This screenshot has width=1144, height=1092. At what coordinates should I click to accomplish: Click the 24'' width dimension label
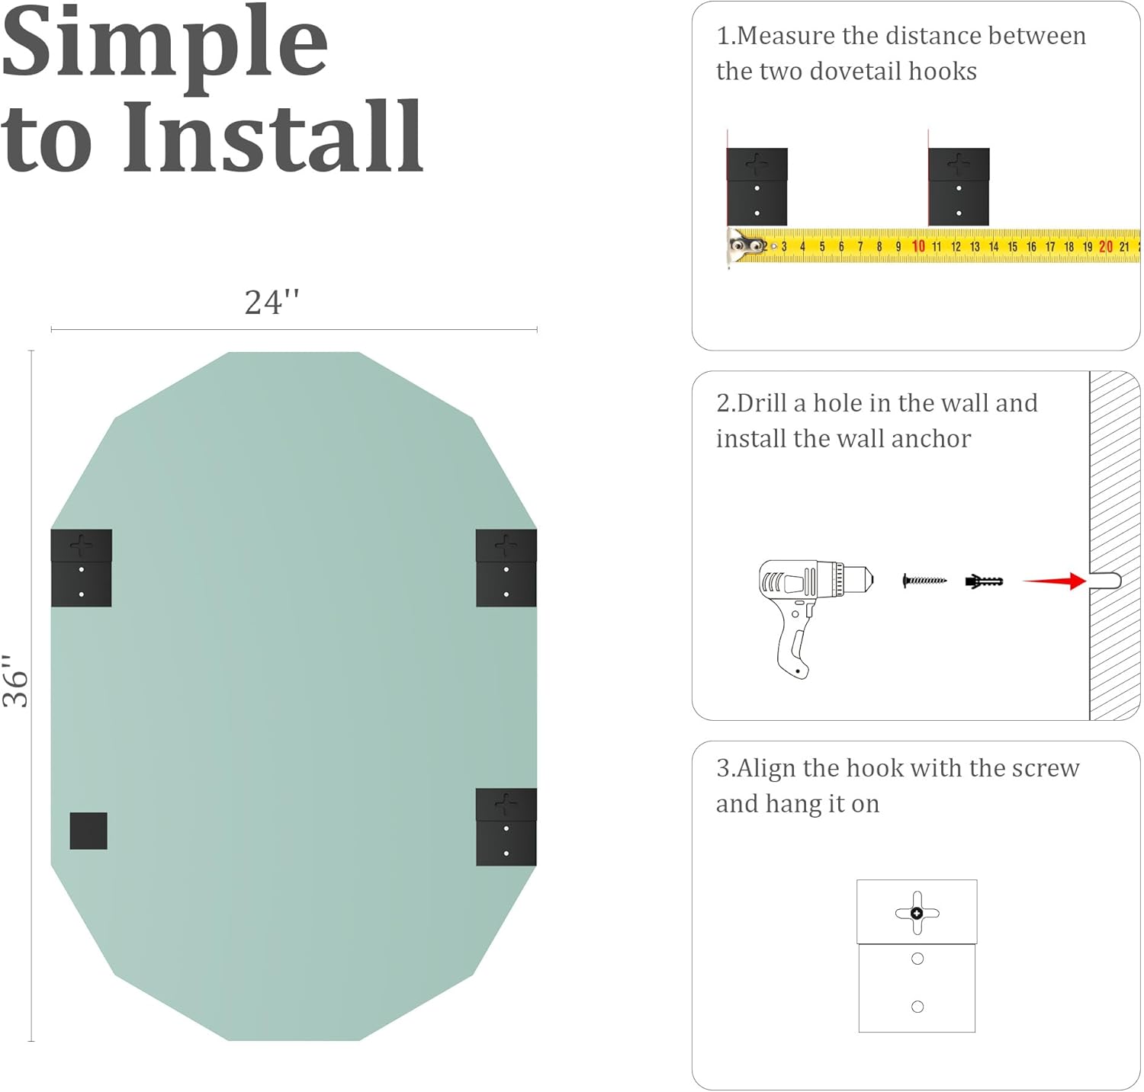click(272, 302)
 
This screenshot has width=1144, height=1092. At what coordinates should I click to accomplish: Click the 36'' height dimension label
click(15, 680)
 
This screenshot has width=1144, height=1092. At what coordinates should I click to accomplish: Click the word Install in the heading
click(272, 136)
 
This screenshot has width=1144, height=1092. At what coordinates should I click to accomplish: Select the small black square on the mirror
click(88, 831)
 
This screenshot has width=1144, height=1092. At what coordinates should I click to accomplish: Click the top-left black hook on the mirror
click(82, 568)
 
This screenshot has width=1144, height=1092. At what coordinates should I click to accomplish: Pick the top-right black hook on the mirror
click(506, 568)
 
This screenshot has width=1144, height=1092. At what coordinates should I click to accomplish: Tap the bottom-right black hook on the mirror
click(506, 827)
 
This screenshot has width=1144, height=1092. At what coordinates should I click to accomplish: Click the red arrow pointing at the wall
click(1054, 581)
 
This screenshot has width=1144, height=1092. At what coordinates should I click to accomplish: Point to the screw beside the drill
click(924, 581)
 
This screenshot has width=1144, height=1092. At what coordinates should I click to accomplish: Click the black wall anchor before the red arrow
click(984, 581)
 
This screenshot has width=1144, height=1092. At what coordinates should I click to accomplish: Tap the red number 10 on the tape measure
click(918, 246)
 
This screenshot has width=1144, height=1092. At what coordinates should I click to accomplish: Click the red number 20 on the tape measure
click(1106, 246)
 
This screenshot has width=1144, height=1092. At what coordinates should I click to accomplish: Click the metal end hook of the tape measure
click(741, 246)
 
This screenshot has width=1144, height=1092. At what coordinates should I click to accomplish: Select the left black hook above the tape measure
click(757, 187)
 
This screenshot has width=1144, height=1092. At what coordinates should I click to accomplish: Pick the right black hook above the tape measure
click(959, 187)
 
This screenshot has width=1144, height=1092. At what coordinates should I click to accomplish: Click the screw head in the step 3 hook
click(917, 913)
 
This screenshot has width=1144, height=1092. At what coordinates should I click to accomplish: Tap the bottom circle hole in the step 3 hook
click(917, 1007)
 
